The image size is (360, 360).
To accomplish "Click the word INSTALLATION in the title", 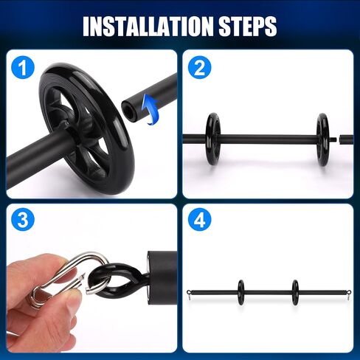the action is pyautogui.click(x=148, y=27).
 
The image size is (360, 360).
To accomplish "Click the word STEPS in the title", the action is pyautogui.click(x=248, y=27).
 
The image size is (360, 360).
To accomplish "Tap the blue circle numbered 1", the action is pyautogui.click(x=23, y=67).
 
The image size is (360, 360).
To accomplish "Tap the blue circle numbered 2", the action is pyautogui.click(x=199, y=67).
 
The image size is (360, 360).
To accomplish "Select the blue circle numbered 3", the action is pyautogui.click(x=23, y=220).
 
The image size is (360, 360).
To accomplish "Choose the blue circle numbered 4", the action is pyautogui.click(x=199, y=220).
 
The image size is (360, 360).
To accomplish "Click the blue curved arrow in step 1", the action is pyautogui.click(x=150, y=109).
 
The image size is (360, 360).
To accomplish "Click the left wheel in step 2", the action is pyautogui.click(x=213, y=139).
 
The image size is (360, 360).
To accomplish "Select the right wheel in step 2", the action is pyautogui.click(x=322, y=139).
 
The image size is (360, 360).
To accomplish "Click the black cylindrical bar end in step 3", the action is pyautogui.click(x=162, y=277).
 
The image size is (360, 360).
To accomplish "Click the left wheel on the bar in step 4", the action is pyautogui.click(x=241, y=292).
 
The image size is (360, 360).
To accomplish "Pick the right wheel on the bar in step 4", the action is pyautogui.click(x=295, y=292).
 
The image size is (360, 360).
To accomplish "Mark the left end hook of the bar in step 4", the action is pyautogui.click(x=189, y=294).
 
